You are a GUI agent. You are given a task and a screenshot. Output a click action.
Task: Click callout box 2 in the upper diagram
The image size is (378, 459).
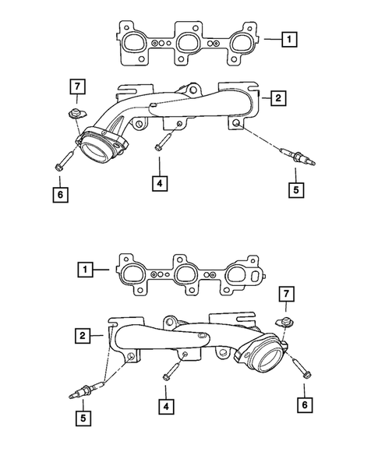click(277, 98)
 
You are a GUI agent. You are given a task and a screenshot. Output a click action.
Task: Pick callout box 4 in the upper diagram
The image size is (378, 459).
click(159, 184)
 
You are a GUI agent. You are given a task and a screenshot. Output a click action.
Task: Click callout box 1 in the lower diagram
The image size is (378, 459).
click(84, 270)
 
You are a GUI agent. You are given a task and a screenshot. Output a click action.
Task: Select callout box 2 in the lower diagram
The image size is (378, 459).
click(82, 336)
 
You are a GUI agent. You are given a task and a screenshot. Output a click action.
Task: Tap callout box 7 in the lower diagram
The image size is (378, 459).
click(286, 295)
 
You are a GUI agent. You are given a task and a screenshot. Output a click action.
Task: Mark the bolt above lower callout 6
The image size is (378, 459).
click(302, 370)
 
